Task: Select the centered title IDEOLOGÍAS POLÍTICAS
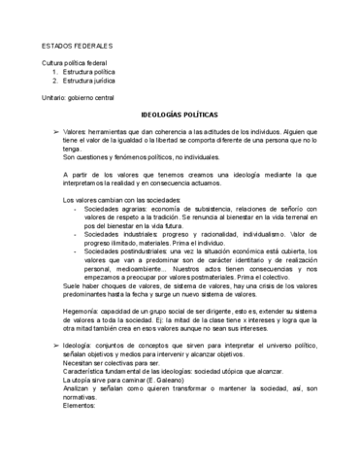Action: (180, 112)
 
